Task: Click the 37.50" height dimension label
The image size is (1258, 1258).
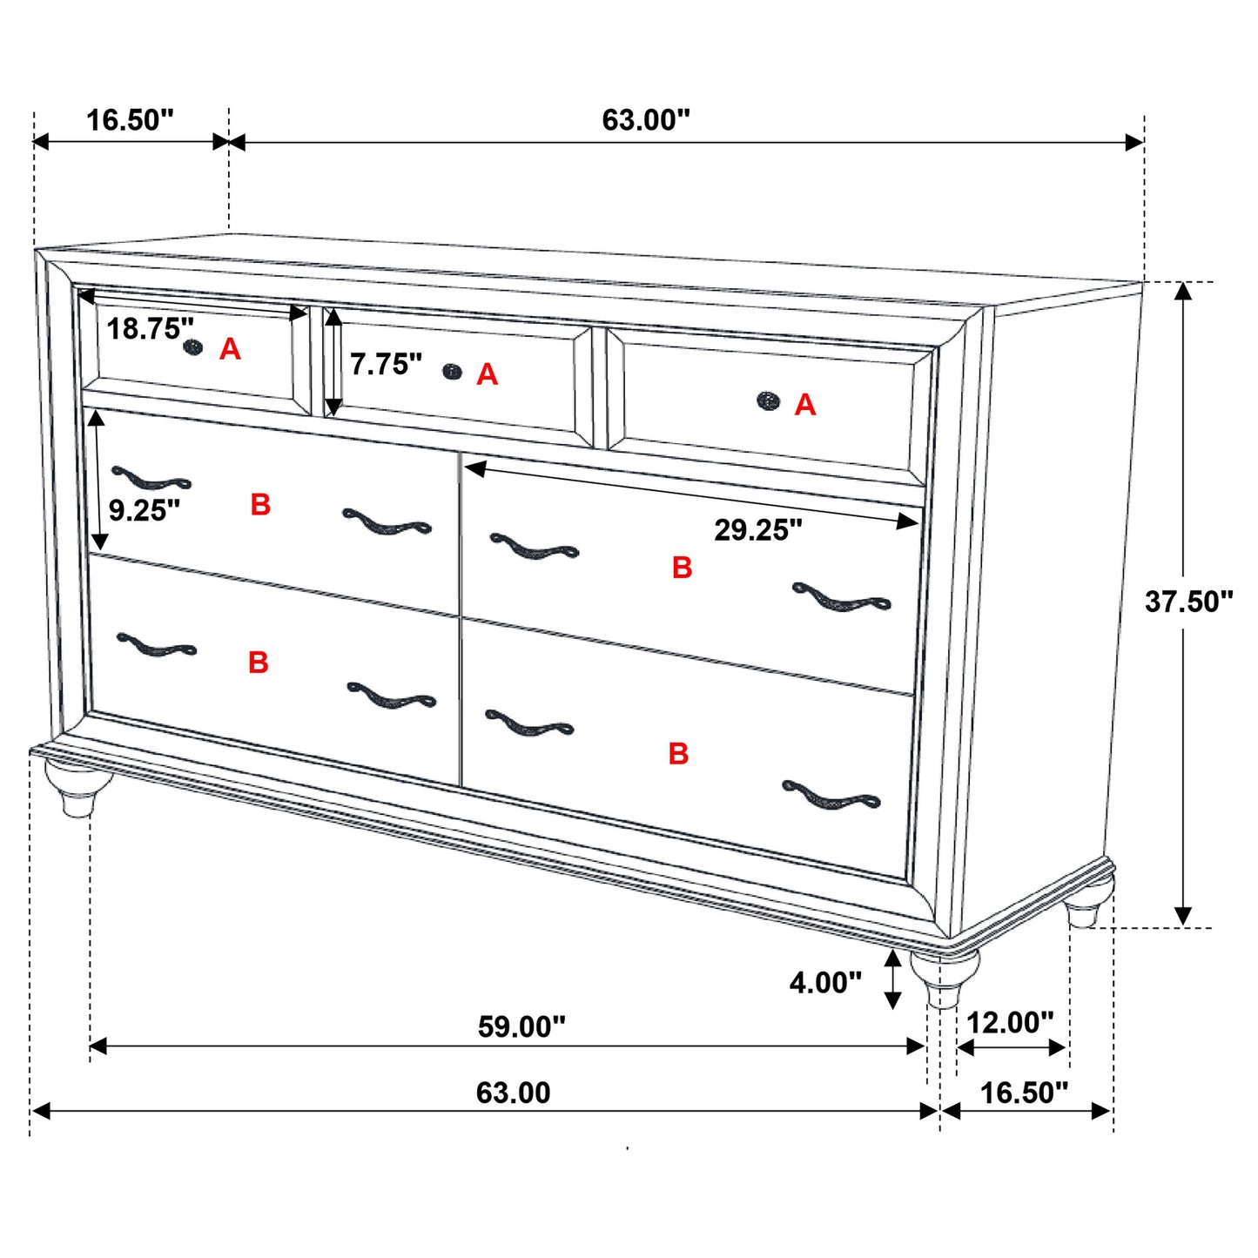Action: coord(1188,602)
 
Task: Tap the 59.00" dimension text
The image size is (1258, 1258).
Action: coord(521,1026)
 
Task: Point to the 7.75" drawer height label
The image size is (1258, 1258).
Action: coord(386,364)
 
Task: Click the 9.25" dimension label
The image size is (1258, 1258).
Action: coord(145,510)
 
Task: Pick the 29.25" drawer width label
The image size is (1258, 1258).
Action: coord(758,529)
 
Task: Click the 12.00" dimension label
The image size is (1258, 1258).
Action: coord(1010,1022)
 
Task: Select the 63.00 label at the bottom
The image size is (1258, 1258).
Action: coord(513,1093)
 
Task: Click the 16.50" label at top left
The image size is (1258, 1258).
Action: coord(130,120)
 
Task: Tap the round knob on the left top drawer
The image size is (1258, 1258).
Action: coord(193,347)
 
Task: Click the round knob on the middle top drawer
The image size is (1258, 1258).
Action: coord(452,372)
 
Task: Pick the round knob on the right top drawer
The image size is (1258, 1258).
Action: coord(768,400)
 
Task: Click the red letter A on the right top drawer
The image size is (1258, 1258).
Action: coord(805,405)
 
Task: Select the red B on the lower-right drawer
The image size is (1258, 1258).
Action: coord(678,753)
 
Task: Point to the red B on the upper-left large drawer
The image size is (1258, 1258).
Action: coord(260,505)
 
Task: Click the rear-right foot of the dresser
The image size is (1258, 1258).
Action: coord(1086,905)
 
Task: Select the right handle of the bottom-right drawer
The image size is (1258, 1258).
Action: coord(831,796)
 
